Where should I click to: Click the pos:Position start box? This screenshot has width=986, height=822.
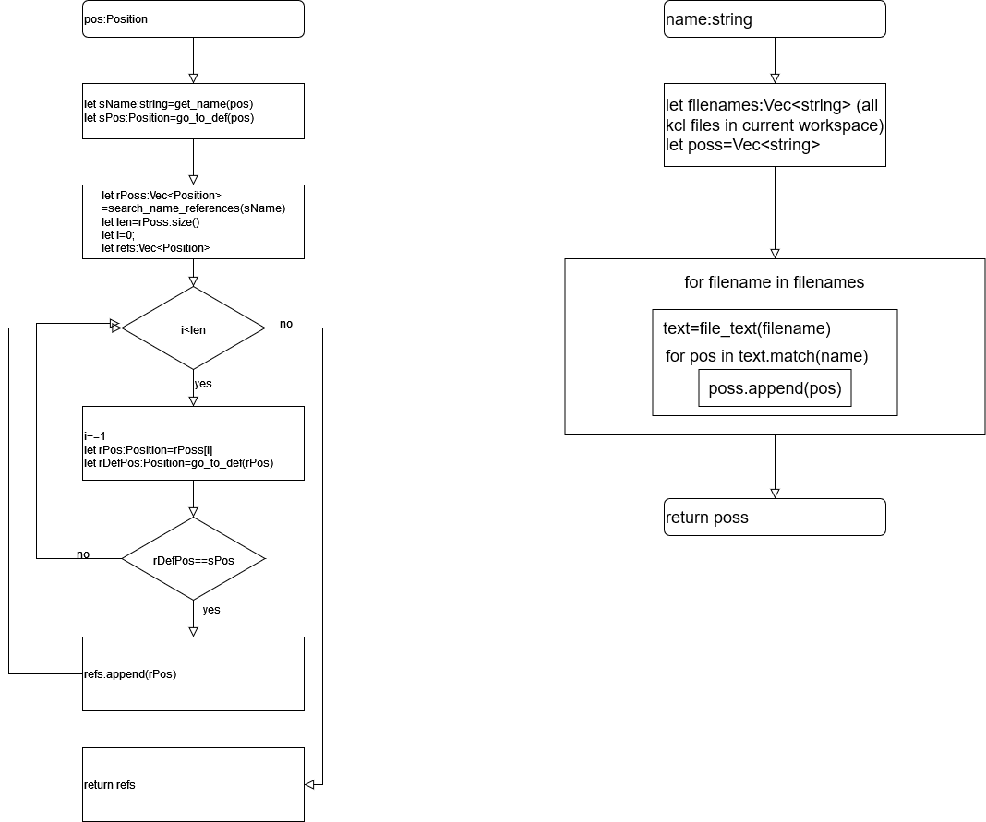(193, 19)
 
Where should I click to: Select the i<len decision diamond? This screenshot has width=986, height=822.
(193, 328)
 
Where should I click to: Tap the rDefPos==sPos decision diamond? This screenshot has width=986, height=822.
(193, 559)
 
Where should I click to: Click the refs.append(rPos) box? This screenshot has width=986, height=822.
(193, 673)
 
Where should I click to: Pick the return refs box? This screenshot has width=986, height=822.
(193, 784)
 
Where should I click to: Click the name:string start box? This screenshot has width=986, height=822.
(775, 19)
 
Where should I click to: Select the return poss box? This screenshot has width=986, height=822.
(775, 518)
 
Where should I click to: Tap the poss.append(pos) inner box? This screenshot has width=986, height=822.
(775, 388)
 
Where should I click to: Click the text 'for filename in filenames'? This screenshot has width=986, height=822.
(775, 282)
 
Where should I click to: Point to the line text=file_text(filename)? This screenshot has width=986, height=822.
(747, 328)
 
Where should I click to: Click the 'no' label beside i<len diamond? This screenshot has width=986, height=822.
(286, 324)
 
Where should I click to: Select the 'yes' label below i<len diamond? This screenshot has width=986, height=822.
(202, 383)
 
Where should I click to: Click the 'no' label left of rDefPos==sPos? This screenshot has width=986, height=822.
(83, 554)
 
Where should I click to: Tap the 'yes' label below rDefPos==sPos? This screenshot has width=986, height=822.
(211, 610)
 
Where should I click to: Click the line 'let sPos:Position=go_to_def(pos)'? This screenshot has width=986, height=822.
(168, 118)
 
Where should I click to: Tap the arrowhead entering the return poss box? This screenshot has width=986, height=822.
(775, 494)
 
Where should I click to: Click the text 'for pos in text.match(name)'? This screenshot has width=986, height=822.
(766, 356)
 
